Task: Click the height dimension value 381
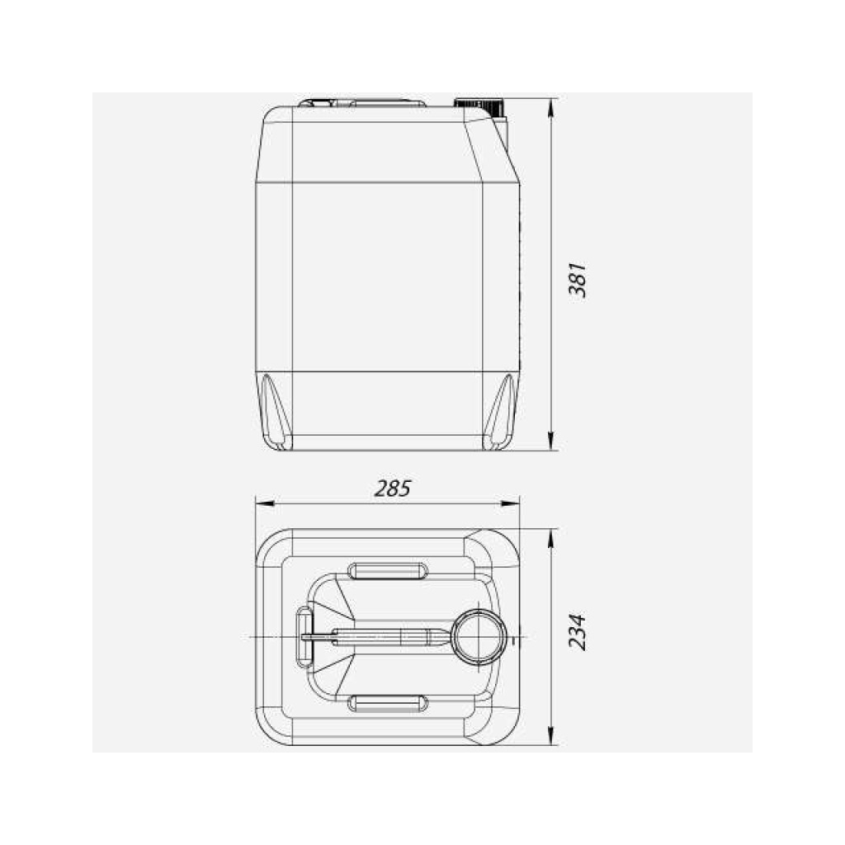pyautogui.click(x=578, y=280)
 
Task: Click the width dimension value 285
pyautogui.click(x=392, y=489)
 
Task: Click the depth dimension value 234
pyautogui.click(x=577, y=632)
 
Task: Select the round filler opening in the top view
pyautogui.click(x=478, y=636)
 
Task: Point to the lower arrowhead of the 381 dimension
pyautogui.click(x=550, y=441)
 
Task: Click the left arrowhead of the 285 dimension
pyautogui.click(x=265, y=503)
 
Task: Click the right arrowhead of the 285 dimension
pyautogui.click(x=510, y=503)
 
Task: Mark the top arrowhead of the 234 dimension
pyautogui.click(x=550, y=539)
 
